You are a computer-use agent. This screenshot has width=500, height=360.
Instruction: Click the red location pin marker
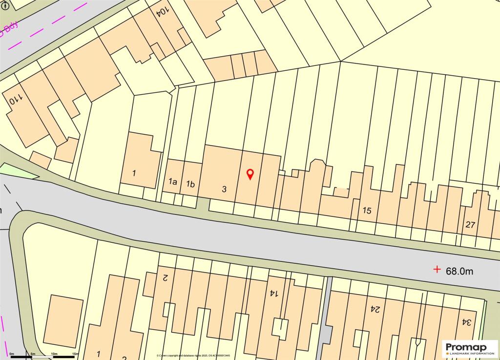(250, 174)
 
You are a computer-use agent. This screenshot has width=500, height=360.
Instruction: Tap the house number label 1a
(172, 182)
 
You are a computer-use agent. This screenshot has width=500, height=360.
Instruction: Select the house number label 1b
(190, 184)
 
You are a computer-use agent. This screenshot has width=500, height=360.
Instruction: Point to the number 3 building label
(224, 189)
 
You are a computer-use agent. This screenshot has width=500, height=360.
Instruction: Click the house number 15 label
(367, 211)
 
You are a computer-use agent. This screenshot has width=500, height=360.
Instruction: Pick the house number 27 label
(470, 225)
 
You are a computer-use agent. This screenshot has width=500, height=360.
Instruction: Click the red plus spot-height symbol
(437, 269)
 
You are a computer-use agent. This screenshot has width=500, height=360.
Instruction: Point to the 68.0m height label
(459, 271)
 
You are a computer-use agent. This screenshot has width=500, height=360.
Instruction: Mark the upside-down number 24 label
(375, 309)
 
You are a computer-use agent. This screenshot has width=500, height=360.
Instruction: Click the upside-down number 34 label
(467, 322)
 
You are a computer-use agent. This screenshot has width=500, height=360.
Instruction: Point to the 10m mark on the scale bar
(54, 354)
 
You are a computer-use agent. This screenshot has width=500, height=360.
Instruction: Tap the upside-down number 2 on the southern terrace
(165, 278)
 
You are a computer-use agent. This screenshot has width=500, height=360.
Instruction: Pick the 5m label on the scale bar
(33, 354)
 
